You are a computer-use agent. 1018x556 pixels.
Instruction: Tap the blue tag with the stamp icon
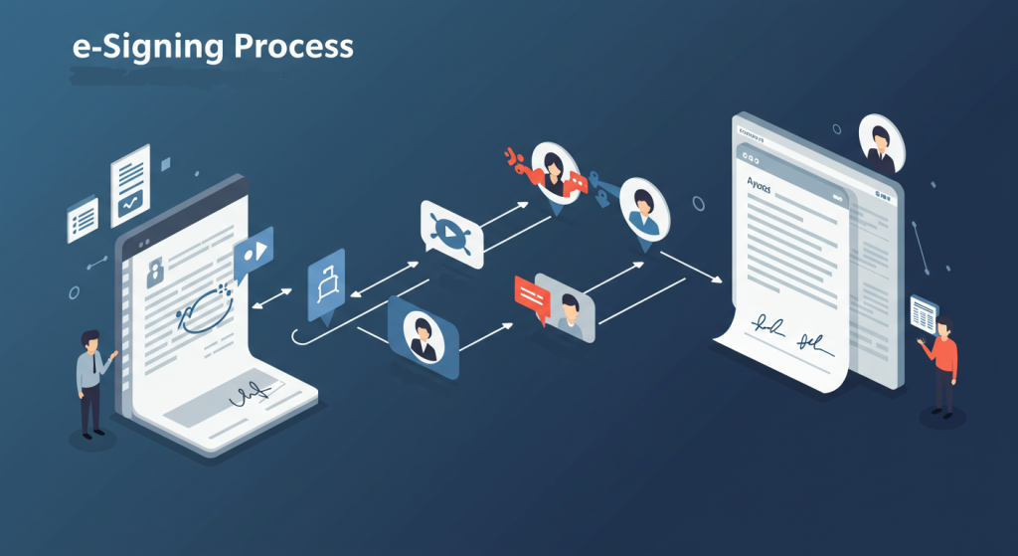coord(326,286)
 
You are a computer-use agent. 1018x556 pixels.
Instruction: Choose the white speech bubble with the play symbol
coord(452,233)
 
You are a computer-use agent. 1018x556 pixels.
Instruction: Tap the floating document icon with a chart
coord(130,185)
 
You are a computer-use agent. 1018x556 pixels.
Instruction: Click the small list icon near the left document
coord(83,218)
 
